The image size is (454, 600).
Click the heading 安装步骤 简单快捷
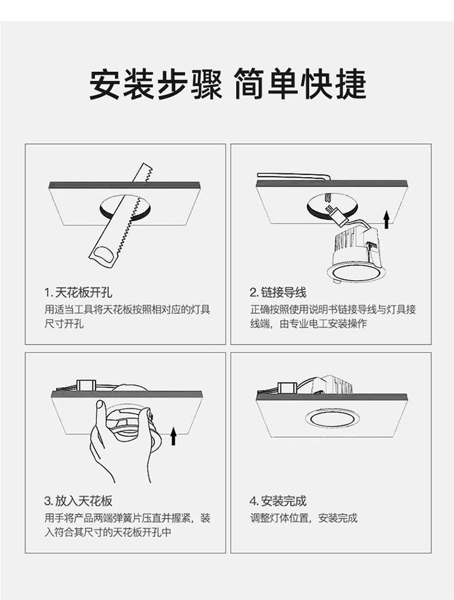[228, 84]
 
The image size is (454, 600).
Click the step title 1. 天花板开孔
[78, 292]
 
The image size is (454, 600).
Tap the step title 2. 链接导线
[278, 292]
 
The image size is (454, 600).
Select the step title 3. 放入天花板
[78, 501]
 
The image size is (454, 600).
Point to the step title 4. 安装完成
[278, 501]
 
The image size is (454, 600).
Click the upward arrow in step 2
[387, 219]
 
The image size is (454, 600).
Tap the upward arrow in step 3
[173, 436]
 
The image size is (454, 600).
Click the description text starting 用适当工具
[127, 316]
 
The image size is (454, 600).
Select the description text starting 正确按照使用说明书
[333, 316]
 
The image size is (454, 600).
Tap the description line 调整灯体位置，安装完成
[304, 518]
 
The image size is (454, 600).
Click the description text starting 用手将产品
[127, 525]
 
